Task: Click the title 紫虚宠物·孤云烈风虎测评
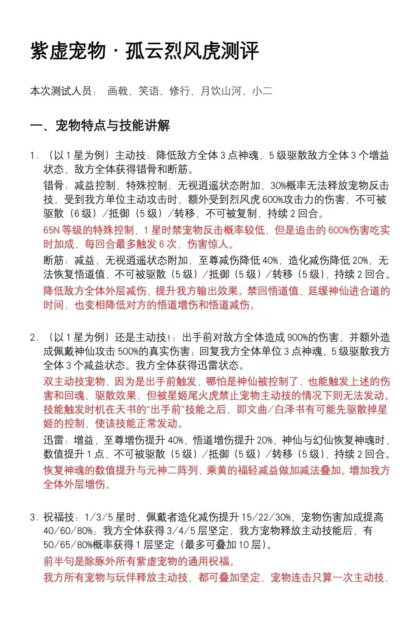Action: (145, 51)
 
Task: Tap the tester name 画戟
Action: (117, 91)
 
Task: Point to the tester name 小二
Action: (262, 91)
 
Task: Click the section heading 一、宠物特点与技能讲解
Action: (100, 126)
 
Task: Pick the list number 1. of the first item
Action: (35, 155)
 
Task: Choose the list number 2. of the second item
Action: (35, 337)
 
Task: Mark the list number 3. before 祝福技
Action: (35, 517)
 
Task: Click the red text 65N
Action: (51, 230)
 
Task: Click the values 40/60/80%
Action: (68, 531)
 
